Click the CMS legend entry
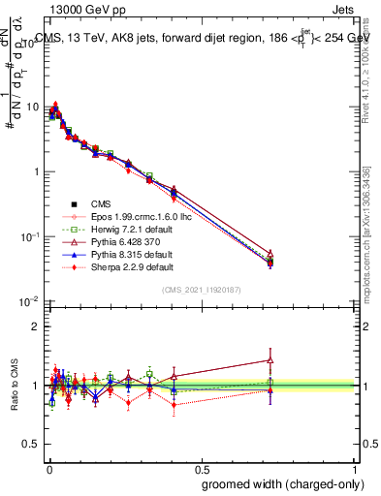tap(102, 203)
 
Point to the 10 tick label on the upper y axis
tap(33, 107)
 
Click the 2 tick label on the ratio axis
tap(37, 326)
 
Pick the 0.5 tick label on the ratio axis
tap(33, 443)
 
